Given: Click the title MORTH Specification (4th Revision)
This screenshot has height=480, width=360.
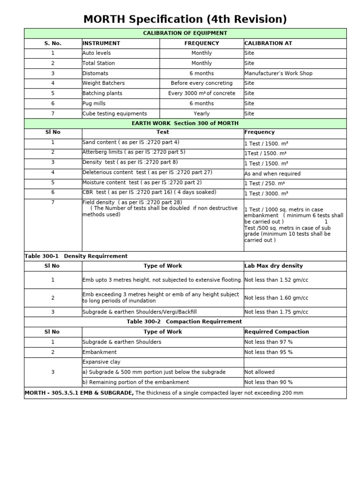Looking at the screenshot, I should tap(185, 19).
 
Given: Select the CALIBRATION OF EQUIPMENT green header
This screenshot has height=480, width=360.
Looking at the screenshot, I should tap(185, 33).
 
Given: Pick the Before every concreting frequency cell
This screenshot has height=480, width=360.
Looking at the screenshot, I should tap(202, 83).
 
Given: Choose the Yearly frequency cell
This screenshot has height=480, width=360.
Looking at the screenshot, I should tap(202, 114).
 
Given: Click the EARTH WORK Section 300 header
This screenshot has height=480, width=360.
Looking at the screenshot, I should tap(185, 123).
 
